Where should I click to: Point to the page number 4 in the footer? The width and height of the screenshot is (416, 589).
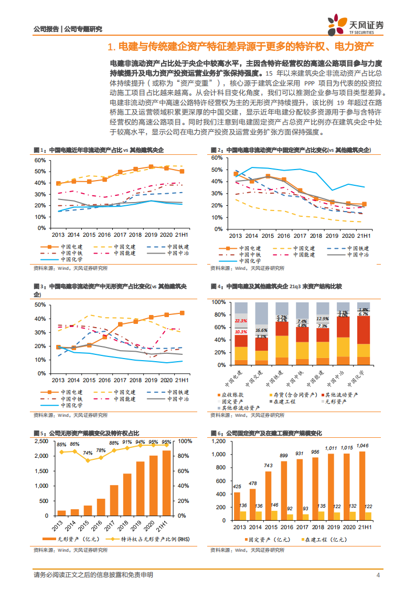click(378, 575)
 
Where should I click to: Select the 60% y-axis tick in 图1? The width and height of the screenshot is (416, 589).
click(39, 160)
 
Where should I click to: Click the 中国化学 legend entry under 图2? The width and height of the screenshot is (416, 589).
click(249, 260)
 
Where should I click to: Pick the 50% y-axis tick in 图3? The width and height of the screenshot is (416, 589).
click(39, 305)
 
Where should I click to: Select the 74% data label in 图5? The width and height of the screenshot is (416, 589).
click(88, 453)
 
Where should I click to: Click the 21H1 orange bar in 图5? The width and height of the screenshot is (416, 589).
click(167, 483)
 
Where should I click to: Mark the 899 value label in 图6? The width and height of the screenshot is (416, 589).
click(284, 456)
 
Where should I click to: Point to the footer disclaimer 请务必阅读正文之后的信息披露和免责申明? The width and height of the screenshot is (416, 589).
click(93, 575)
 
